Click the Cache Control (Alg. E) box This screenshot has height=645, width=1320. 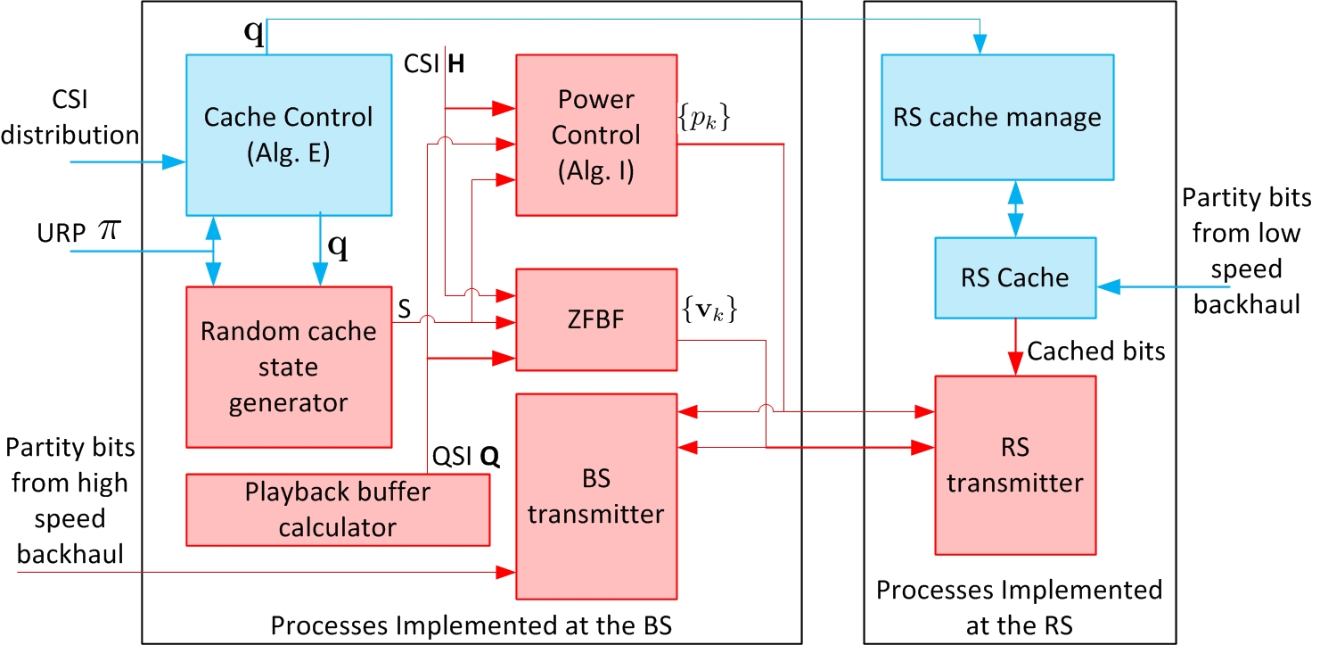pos(289,135)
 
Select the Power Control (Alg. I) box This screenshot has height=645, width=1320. pos(596,135)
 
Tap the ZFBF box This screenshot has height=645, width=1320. pos(596,319)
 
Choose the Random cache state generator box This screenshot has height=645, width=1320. pos(289,367)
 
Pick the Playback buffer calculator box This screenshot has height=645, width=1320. pos(338,509)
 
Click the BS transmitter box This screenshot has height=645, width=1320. pos(596,496)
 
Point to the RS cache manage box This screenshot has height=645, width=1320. pos(997,117)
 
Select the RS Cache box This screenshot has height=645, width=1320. pos(1015,277)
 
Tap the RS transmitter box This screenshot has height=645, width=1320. pos(1015,465)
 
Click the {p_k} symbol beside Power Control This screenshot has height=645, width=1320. pos(703,118)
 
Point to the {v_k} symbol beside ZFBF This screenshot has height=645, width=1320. pos(709,309)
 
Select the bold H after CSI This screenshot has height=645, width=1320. pos(456,63)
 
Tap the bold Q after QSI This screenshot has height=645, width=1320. pos(489,457)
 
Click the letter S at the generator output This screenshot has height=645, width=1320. pos(405,309)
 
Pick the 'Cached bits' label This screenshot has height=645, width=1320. pos(1096,351)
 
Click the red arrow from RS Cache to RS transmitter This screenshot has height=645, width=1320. pos(1015,347)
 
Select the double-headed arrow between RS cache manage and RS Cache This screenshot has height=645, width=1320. pos(1015,210)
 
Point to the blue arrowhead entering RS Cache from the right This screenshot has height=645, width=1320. pos(1109,287)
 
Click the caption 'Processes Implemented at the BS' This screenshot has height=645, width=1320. pos(471,625)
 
